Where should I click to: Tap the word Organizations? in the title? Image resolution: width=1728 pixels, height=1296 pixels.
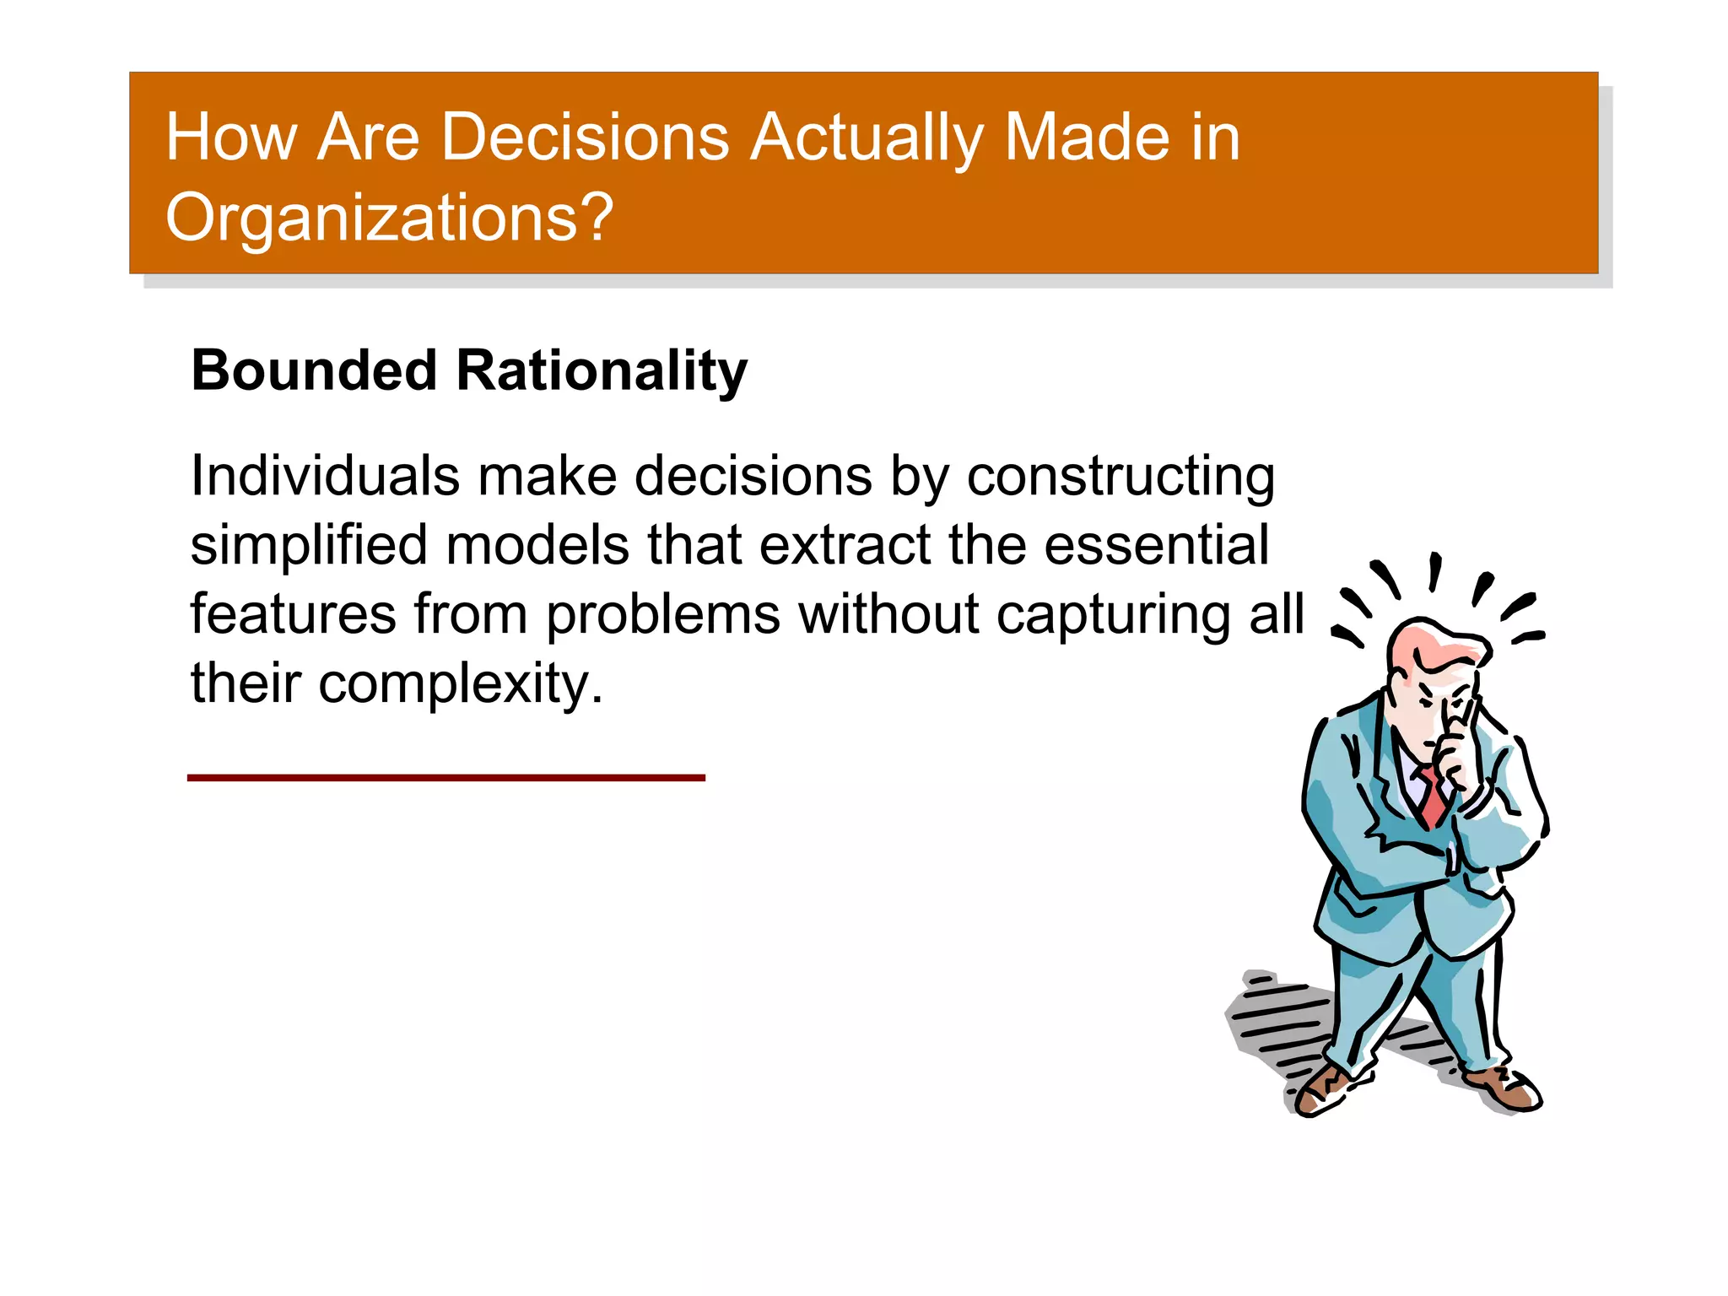point(389,218)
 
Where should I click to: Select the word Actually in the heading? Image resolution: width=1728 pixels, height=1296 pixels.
point(867,138)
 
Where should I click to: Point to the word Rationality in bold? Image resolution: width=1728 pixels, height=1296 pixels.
point(602,372)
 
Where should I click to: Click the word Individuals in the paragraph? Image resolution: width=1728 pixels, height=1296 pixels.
point(325,476)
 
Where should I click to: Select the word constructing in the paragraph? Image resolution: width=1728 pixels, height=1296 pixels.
point(1120,478)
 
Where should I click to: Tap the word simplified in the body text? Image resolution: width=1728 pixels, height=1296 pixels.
point(309,546)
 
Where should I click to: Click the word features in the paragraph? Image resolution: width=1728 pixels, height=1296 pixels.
point(293,613)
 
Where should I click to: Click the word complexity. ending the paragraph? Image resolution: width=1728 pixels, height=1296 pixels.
point(461,683)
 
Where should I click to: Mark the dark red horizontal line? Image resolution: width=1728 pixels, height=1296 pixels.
point(445,777)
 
